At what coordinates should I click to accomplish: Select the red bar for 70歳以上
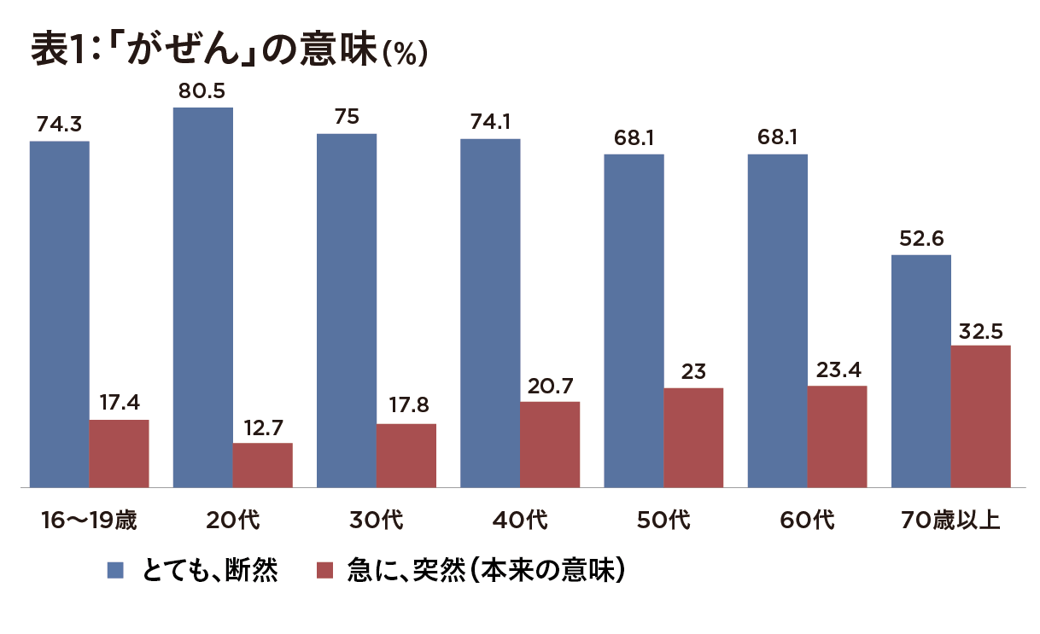pos(981,416)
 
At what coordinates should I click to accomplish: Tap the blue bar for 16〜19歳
pos(60,314)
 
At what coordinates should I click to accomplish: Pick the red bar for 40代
pos(550,445)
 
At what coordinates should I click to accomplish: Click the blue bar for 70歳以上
pos(921,371)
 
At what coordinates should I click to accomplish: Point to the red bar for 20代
pos(263,465)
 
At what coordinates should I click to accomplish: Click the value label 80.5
pos(202,91)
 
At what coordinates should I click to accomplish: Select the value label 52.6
pos(920,239)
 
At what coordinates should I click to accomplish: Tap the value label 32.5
pos(981,329)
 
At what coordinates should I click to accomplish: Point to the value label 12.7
pos(263,427)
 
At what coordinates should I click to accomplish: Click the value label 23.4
pos(838,370)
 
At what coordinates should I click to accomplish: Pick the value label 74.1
pos(490,123)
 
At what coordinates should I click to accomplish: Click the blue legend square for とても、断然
pos(115,570)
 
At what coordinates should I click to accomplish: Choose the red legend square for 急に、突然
pos(324,570)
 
